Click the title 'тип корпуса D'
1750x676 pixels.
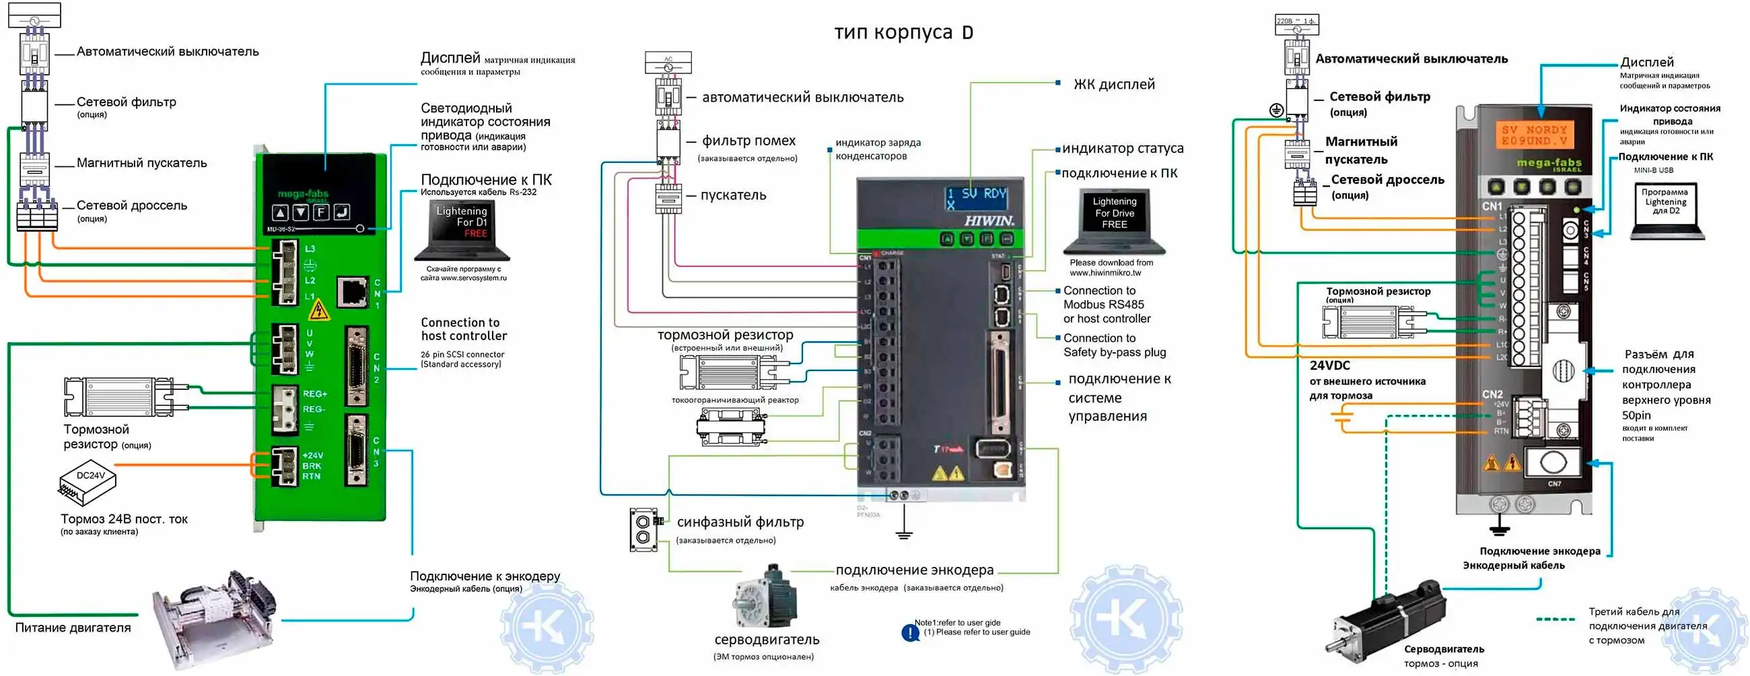coord(903,32)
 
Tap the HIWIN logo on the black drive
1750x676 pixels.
coord(989,221)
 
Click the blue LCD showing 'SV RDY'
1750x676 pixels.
coord(977,199)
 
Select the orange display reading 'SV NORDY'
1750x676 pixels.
coord(1534,135)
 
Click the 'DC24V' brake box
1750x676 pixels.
coord(88,481)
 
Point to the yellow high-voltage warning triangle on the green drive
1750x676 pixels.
coord(318,310)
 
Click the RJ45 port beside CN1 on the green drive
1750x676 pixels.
coord(353,292)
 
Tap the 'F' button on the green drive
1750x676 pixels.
coord(320,212)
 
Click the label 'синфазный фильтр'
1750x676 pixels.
coord(740,522)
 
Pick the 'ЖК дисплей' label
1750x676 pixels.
coord(1113,84)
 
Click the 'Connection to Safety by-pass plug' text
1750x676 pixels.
coord(1114,345)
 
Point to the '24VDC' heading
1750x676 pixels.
coord(1329,366)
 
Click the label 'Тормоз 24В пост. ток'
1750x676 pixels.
coord(124,519)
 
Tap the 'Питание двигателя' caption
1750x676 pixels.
coord(73,628)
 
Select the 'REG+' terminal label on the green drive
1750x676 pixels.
coord(314,394)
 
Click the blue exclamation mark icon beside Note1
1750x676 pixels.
coord(910,633)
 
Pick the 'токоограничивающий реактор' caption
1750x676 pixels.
coord(735,400)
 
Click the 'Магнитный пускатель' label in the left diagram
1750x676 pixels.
coord(141,163)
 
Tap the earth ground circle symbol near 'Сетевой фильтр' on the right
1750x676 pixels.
coord(1277,110)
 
